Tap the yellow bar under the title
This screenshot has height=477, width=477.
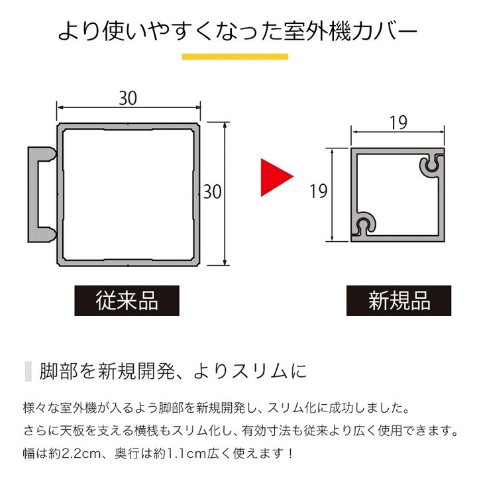[235, 56]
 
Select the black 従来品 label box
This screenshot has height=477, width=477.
[127, 301]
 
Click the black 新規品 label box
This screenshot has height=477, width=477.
[399, 301]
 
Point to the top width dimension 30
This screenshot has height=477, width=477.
[128, 98]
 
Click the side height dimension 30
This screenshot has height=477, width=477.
[213, 191]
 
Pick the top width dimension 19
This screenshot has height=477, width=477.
[398, 123]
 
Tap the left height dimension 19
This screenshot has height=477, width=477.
[319, 191]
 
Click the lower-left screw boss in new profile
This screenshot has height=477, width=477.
[364, 223]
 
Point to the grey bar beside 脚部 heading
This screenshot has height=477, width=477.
[28, 371]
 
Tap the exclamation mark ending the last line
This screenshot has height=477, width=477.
[290, 454]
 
